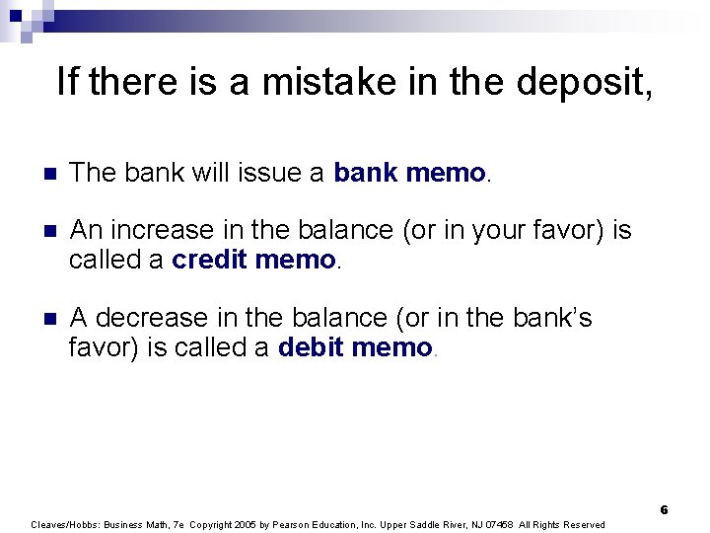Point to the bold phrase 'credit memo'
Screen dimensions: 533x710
click(x=253, y=261)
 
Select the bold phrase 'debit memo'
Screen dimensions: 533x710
click(x=355, y=347)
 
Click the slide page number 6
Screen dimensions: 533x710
click(x=664, y=510)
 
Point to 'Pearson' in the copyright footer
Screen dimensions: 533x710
click(x=297, y=524)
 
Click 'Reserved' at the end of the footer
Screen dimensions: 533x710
click(x=584, y=524)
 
